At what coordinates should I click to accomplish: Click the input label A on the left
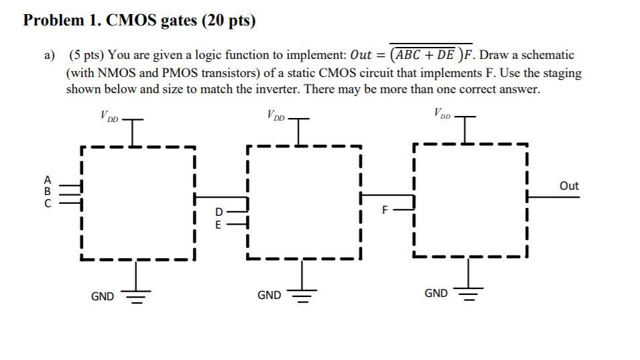pos(47,180)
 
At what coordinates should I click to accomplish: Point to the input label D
pos(218,213)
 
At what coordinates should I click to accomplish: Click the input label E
pos(218,225)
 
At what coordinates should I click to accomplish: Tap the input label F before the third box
pos(385,209)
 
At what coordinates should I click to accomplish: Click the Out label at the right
pos(568,186)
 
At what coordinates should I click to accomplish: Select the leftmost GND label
pos(103,296)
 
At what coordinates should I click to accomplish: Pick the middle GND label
pos(269,295)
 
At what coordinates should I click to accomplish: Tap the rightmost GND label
pos(436,293)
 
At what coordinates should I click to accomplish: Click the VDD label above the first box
pos(109,117)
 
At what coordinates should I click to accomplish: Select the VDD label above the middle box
pos(275,116)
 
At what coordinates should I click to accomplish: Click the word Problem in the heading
pos(54,21)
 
